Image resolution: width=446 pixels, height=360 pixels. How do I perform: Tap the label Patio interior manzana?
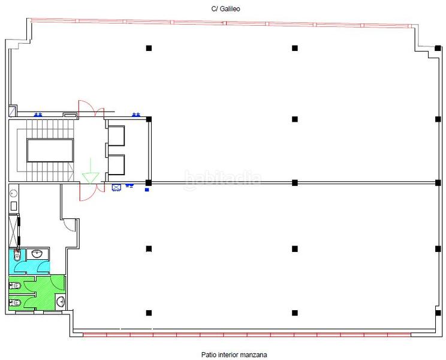pyautogui.click(x=225, y=355)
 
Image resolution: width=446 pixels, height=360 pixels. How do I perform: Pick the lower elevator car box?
pyautogui.click(x=115, y=164)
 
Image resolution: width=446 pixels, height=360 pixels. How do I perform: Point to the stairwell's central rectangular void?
pyautogui.click(x=50, y=150)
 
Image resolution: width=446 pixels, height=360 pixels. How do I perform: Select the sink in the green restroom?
pyautogui.click(x=61, y=301)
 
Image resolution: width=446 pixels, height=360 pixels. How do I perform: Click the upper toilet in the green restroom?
pyautogui.click(x=16, y=284)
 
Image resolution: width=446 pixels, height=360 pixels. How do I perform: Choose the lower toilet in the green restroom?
pyautogui.click(x=16, y=302)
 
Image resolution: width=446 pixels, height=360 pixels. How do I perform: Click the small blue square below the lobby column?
pyautogui.click(x=147, y=190)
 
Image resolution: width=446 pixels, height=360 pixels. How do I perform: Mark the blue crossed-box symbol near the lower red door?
pyautogui.click(x=116, y=187)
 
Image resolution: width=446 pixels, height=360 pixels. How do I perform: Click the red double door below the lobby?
pyautogui.click(x=87, y=191)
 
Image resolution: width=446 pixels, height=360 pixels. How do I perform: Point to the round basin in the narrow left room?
pyautogui.click(x=13, y=193)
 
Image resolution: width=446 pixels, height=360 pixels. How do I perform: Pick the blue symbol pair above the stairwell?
pyautogui.click(x=39, y=113)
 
